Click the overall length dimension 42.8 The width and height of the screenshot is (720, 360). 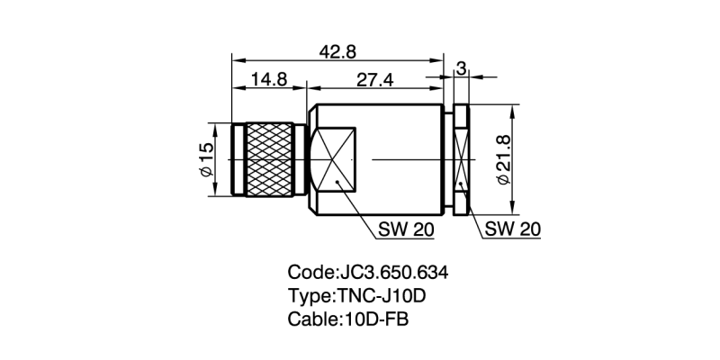(337, 52)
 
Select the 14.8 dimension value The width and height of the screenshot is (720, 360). (268, 79)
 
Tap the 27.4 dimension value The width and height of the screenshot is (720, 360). (375, 79)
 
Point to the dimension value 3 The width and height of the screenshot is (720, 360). (460, 68)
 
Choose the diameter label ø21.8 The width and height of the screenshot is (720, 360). (504, 160)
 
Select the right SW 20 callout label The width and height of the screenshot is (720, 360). (512, 229)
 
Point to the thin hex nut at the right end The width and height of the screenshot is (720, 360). (460, 159)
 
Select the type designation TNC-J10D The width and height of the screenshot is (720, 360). (387, 296)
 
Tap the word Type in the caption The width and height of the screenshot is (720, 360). (309, 296)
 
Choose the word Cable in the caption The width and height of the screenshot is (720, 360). (312, 319)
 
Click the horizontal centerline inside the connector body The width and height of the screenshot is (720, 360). (405, 160)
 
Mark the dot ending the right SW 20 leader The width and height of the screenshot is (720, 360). (460, 184)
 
